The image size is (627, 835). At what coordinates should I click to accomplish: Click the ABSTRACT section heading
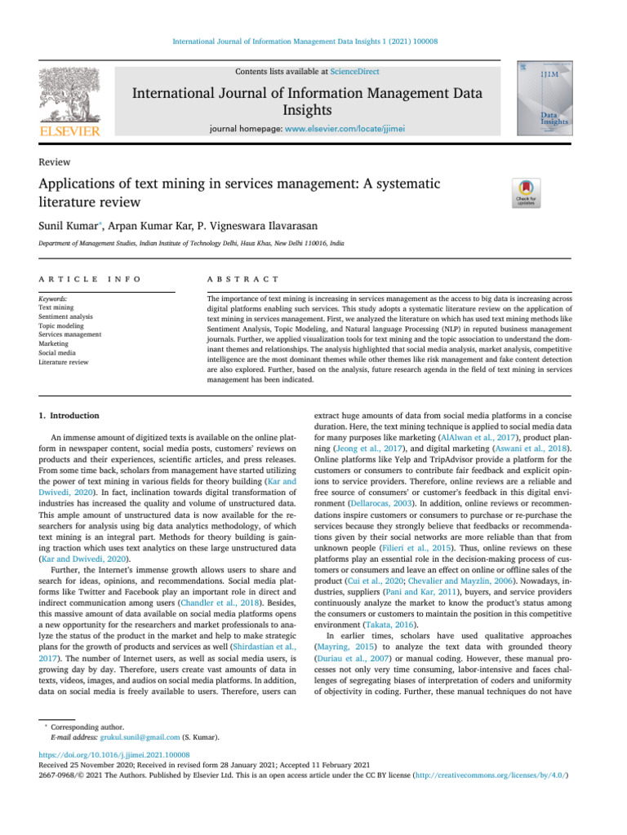click(x=244, y=280)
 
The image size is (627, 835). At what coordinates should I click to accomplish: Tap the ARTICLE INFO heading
click(x=90, y=280)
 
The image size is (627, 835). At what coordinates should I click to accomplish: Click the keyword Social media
click(x=59, y=352)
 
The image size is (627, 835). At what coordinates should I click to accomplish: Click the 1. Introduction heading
click(x=69, y=415)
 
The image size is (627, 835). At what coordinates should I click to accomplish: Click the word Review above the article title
click(x=54, y=162)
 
